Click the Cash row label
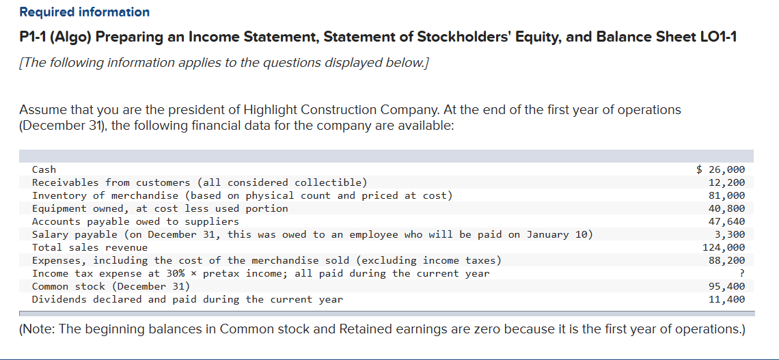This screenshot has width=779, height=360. point(44,169)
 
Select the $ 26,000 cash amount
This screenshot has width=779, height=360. point(720,169)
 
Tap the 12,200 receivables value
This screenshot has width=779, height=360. point(727,182)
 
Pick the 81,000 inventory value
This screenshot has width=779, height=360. point(727,195)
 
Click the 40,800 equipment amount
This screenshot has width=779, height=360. point(727,208)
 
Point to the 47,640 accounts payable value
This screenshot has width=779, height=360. point(727,221)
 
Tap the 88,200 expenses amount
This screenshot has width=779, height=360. point(727,260)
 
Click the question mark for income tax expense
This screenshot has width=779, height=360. point(741,273)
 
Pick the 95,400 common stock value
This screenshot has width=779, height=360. point(727,286)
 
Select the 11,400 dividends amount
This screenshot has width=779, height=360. point(727,299)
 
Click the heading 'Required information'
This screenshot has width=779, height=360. point(85,12)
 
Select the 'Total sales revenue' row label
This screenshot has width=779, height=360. point(90,247)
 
